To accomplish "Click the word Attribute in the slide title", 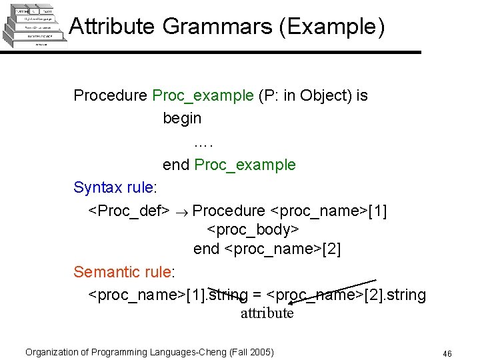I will [112, 27].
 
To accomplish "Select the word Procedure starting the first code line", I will [110, 95].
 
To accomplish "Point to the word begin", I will [182, 118].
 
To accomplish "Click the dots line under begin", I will [203, 141].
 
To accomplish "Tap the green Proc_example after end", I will [245, 165].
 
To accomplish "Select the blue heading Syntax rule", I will [112, 187].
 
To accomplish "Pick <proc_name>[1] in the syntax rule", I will [328, 211].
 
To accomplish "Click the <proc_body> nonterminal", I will [253, 230].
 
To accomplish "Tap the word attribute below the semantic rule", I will [267, 313].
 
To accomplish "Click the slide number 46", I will [447, 353].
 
